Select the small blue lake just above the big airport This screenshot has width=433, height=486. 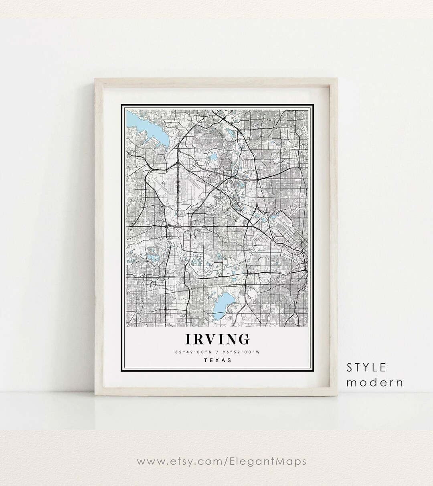tap(213, 157)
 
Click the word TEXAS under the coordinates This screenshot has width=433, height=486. tap(218, 360)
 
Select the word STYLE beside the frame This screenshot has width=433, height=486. tap(367, 367)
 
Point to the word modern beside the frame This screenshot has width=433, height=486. tap(374, 383)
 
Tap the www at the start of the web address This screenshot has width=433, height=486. tap(149, 461)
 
